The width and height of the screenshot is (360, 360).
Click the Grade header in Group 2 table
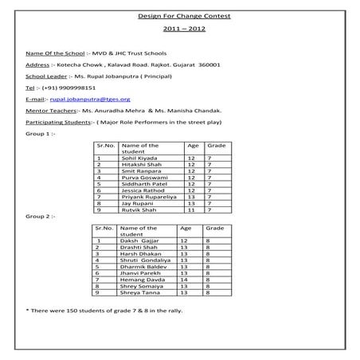click(x=212, y=229)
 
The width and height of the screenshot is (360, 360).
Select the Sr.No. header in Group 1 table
click(x=104, y=146)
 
